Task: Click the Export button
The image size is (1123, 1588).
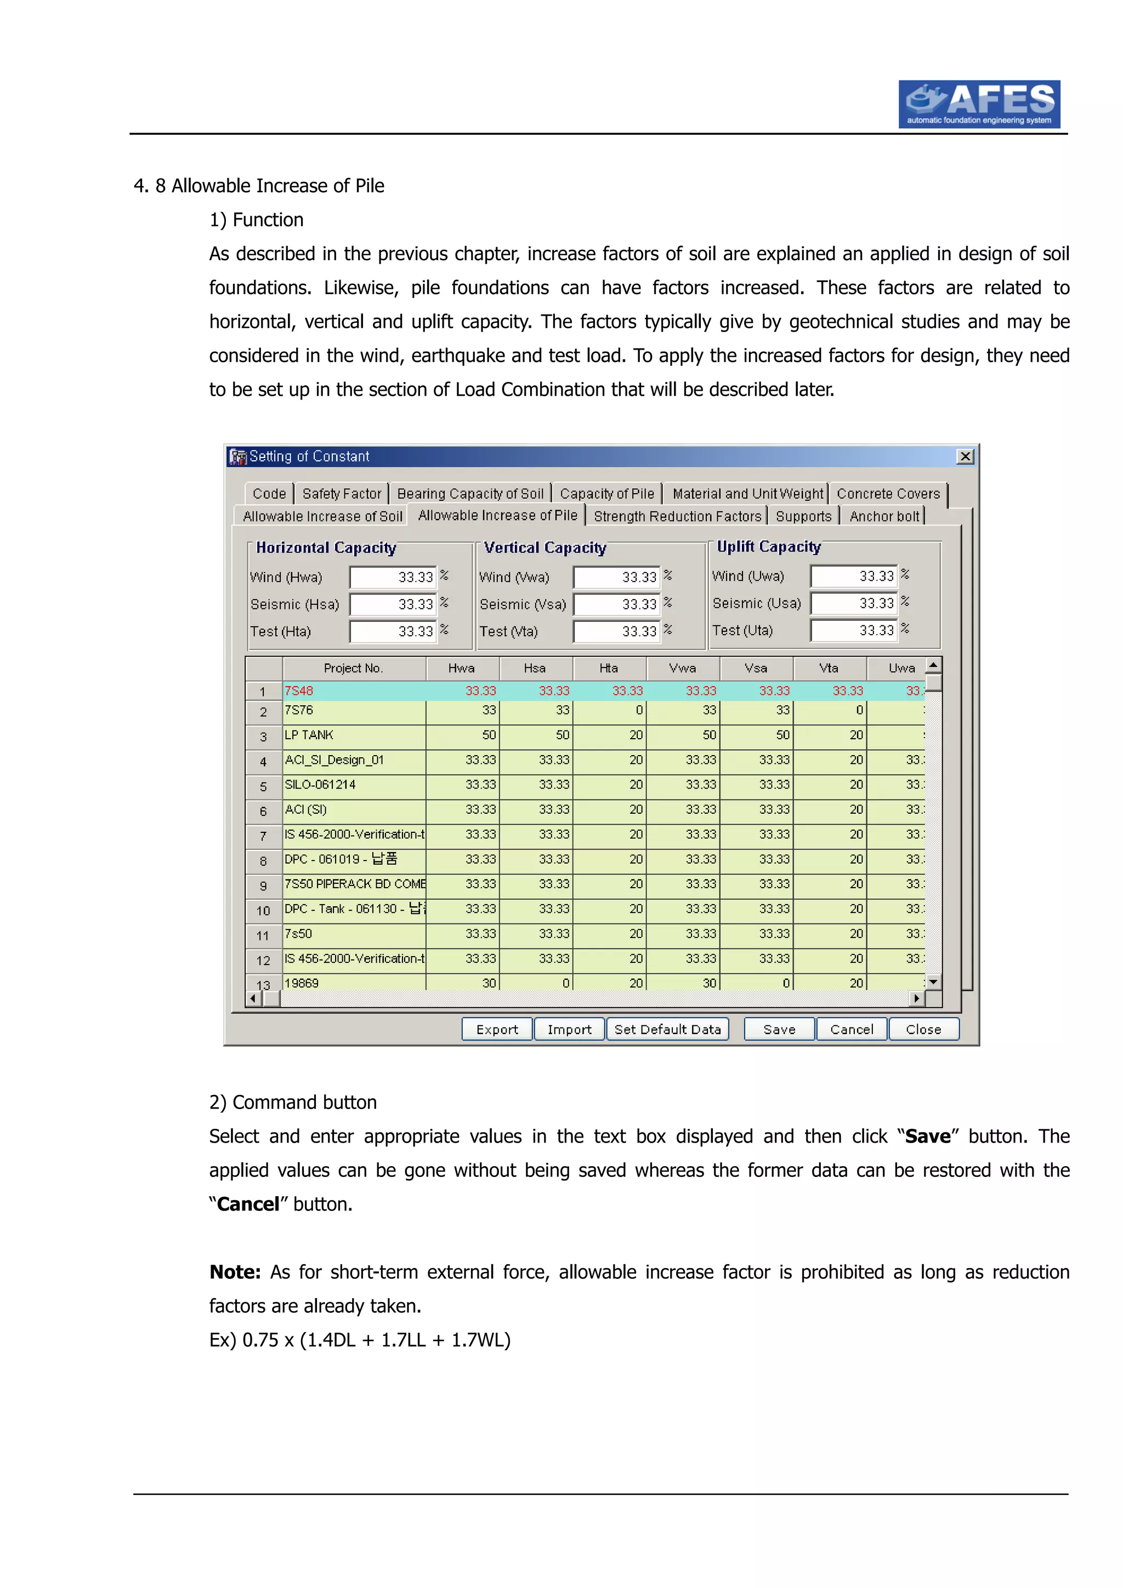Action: [496, 1029]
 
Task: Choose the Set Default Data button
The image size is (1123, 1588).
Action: [667, 1029]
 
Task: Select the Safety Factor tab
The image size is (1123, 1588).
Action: [341, 494]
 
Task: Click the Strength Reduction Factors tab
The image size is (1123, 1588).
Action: [677, 517]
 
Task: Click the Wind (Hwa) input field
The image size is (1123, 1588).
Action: [392, 577]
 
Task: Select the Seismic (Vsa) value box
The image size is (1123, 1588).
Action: [616, 604]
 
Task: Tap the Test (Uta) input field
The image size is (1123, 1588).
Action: [853, 630]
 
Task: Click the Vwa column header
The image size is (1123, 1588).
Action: [682, 668]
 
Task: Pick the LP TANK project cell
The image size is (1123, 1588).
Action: [354, 735]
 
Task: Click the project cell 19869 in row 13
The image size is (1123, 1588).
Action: [354, 983]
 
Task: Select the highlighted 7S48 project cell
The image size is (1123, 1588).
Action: [354, 691]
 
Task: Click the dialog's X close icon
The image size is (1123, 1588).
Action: [965, 456]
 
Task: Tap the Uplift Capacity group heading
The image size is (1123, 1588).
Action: [768, 547]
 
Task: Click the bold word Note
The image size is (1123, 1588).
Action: [235, 1272]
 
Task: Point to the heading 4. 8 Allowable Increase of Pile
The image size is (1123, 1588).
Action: [259, 186]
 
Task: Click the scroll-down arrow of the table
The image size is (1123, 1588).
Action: [933, 982]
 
